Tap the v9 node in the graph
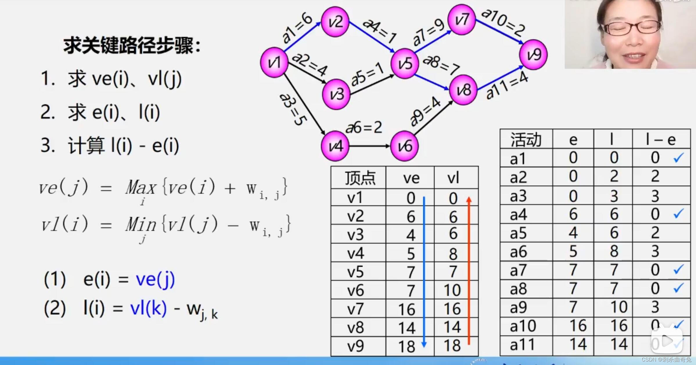point(533,55)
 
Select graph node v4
point(335,146)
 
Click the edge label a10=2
point(503,22)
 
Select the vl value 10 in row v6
point(452,290)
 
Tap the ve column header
point(411,178)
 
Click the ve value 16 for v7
point(407,309)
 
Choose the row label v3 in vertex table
point(355,235)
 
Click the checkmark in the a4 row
point(678,214)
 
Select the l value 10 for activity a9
point(619,307)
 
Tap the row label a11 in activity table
point(522,345)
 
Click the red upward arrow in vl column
point(469,270)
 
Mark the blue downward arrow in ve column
point(424,270)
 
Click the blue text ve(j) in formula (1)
point(155,279)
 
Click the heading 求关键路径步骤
point(132,46)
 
